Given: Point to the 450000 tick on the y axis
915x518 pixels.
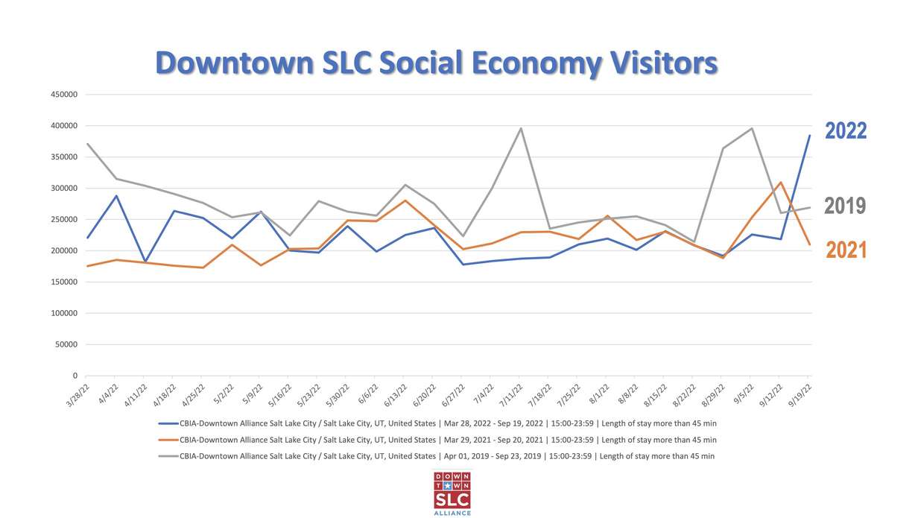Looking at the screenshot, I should pos(65,95).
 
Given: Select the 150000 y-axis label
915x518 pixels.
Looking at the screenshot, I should pos(65,282).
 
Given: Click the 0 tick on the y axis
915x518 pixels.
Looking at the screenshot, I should pos(75,376).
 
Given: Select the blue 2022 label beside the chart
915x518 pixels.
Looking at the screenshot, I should pos(846,131).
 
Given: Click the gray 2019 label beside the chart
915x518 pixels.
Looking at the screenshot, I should pos(845,206).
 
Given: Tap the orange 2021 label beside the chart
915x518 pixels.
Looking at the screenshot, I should pos(846,250).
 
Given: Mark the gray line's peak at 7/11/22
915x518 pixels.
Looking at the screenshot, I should pos(520,128).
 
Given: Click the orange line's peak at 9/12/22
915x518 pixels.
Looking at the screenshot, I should pos(780,183).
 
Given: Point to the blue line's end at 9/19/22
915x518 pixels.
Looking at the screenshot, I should pos(810,136).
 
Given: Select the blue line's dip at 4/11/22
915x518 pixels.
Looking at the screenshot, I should pos(145,262).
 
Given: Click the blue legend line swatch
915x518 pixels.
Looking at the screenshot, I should pos(168,423).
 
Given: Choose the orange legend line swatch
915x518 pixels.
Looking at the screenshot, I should pos(168,440).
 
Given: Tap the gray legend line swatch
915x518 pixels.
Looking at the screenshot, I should pos(168,456).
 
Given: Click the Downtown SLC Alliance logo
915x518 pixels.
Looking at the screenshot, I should pos(452,493).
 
